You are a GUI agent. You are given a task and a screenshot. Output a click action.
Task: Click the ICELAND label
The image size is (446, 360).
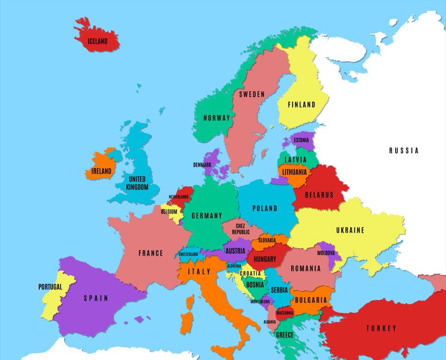(x=97, y=42)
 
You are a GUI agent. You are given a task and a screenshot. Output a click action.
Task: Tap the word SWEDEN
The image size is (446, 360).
(x=252, y=94)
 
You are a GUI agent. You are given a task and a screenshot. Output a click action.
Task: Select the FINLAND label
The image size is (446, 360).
(x=301, y=104)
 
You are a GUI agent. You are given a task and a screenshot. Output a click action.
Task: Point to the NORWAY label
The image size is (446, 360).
(x=217, y=118)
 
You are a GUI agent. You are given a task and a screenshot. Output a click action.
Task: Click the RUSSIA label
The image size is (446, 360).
(x=404, y=151)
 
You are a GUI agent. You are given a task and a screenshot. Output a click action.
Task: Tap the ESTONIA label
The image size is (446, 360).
(x=301, y=140)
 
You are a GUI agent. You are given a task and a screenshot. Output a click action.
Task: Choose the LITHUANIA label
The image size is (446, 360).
(x=295, y=172)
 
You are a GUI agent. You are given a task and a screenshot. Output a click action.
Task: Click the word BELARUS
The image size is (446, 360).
(x=319, y=195)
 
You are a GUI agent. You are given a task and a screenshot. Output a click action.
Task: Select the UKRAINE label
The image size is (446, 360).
(x=350, y=230)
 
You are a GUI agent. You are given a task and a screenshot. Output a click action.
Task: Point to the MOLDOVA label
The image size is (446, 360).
(x=326, y=253)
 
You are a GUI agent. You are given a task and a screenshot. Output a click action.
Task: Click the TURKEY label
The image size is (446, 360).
(x=381, y=328)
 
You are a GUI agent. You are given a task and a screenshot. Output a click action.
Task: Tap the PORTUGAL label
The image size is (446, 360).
(x=50, y=287)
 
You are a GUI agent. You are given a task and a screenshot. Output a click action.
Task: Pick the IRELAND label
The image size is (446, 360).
(x=101, y=172)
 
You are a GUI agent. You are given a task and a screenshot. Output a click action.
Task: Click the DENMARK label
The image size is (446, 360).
(x=202, y=165)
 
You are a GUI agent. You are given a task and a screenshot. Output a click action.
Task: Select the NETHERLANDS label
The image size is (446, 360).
(x=179, y=197)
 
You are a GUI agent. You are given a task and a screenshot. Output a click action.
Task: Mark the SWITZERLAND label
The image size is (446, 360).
(x=188, y=255)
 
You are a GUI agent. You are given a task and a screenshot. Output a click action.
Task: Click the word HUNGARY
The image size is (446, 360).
(x=265, y=259)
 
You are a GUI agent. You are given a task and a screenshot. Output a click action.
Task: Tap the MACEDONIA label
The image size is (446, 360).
(x=285, y=313)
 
